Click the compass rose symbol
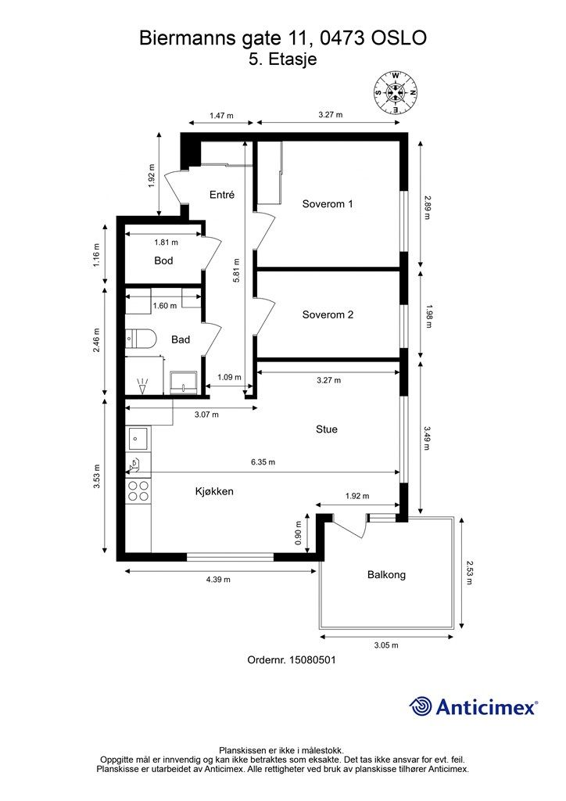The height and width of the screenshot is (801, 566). click(396, 92)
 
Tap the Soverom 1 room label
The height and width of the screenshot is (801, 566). click(327, 204)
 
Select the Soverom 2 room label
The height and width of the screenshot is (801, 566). click(328, 314)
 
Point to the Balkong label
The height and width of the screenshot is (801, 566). click(386, 575)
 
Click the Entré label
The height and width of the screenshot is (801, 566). click(222, 194)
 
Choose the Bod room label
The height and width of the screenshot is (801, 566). click(163, 260)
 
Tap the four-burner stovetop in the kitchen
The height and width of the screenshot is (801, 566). click(138, 490)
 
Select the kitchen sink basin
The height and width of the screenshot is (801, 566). click(138, 438)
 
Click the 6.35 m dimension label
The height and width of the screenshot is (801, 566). click(263, 462)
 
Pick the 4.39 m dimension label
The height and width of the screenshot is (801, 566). click(218, 580)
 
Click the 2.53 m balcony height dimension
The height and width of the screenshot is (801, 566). click(470, 573)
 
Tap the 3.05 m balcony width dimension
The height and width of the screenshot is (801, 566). click(386, 645)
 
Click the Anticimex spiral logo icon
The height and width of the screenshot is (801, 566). click(421, 706)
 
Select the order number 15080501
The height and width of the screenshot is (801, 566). click(313, 660)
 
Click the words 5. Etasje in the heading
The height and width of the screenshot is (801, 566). click(283, 59)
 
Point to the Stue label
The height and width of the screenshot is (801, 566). click(327, 429)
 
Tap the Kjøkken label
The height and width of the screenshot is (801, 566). click(214, 491)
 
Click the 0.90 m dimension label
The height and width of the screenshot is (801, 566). click(299, 533)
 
